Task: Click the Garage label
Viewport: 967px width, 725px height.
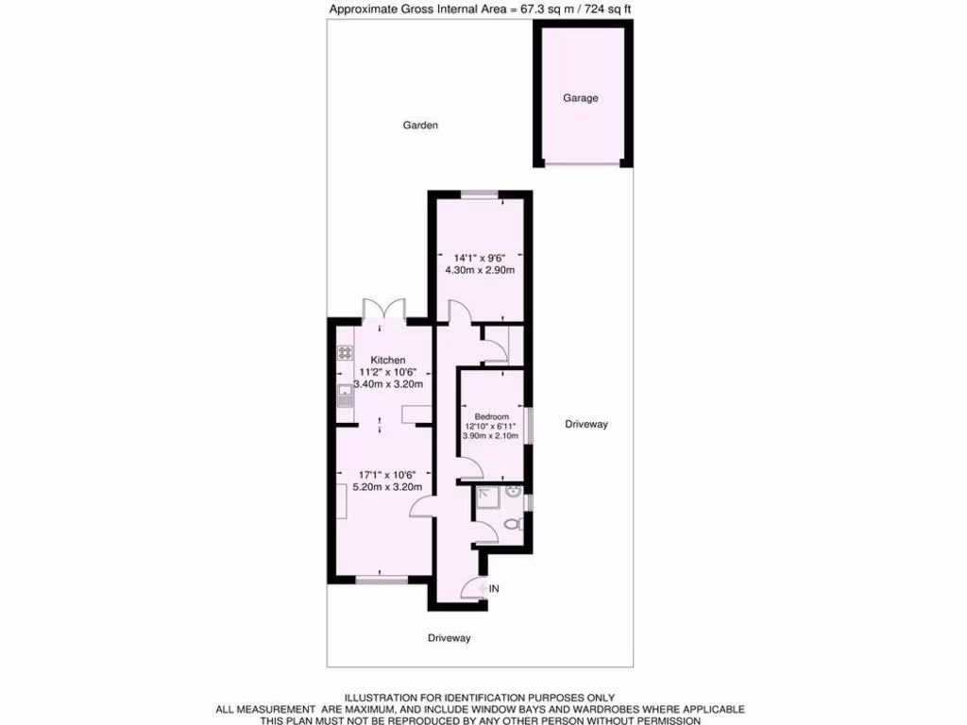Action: (581, 98)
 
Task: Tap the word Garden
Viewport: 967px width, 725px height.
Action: (420, 125)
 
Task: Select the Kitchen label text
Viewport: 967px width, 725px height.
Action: (388, 360)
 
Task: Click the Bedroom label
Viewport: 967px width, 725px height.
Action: (491, 416)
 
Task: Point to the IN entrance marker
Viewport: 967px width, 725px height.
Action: (493, 589)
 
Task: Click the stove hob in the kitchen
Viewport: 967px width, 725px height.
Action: (346, 353)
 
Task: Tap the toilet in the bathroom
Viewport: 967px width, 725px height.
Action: (512, 525)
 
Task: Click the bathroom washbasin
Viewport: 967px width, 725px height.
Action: (513, 492)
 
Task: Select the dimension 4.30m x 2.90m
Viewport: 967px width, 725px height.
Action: (479, 270)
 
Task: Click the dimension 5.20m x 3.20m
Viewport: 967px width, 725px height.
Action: (387, 487)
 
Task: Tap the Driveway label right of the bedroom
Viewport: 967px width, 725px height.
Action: (586, 424)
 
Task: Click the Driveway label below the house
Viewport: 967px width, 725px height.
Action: (449, 638)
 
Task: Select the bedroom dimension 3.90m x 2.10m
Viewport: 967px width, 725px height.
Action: (491, 436)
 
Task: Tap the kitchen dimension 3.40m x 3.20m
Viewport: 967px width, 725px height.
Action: (387, 384)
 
